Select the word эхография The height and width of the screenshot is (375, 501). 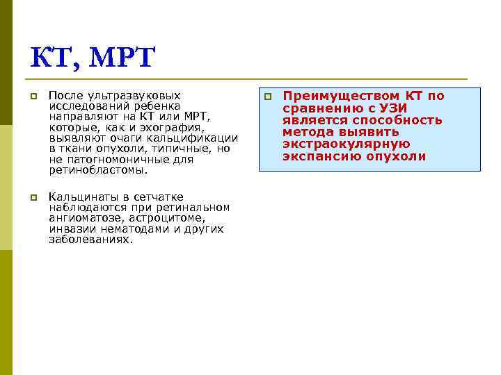click(177, 127)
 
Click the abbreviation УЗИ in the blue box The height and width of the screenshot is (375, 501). click(392, 108)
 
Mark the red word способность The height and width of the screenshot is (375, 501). click(400, 120)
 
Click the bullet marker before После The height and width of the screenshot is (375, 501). click(33, 97)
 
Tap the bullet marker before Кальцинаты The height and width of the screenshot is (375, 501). click(33, 198)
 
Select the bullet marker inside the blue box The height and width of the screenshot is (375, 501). click(268, 97)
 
